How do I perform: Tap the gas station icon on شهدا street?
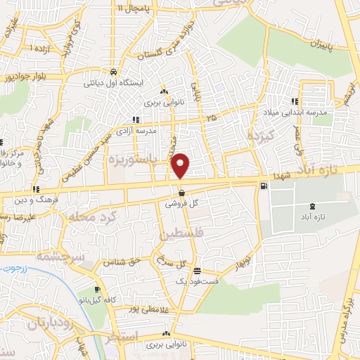point(264,186)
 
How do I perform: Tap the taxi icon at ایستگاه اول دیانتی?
point(113,72)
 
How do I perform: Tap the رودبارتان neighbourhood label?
point(51,324)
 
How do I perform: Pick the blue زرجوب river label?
point(11,269)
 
